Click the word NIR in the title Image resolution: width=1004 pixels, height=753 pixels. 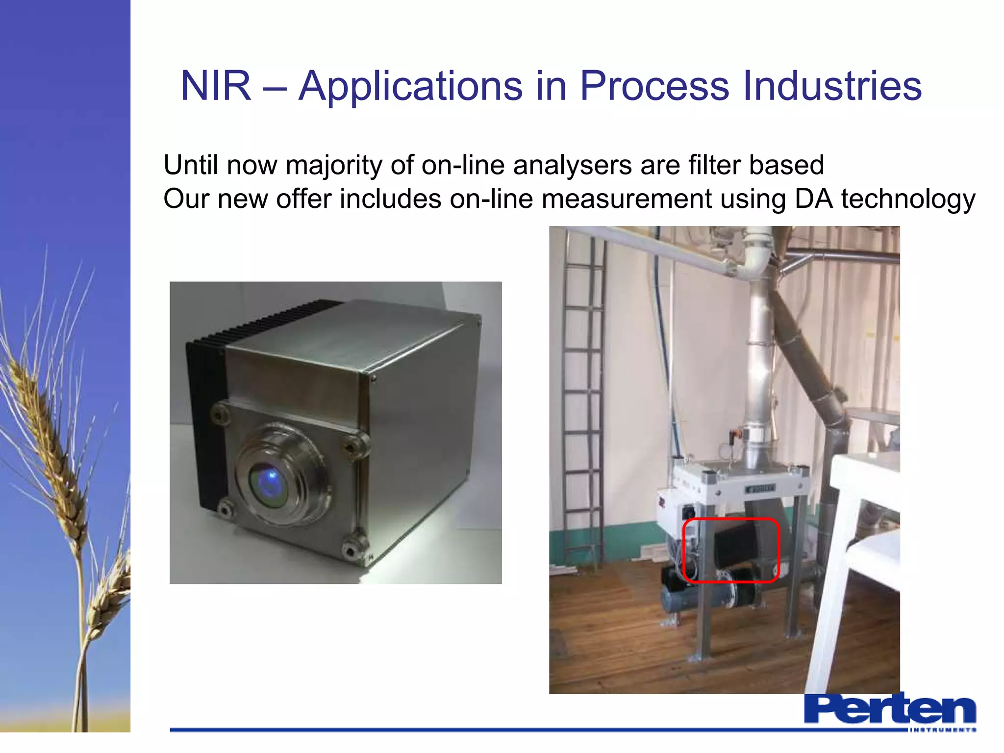coord(216,86)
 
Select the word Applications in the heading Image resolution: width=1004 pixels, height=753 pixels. coord(410,86)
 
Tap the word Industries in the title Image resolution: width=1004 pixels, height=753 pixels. coord(832,86)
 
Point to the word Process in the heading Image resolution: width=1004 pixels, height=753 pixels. coord(654,86)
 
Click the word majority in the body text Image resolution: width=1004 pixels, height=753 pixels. coord(333,166)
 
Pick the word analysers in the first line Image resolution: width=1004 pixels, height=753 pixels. coord(572,165)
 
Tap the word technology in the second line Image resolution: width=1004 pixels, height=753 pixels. coord(908,200)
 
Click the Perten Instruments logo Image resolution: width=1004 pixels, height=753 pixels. coord(890,712)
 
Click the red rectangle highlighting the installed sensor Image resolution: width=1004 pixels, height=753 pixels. coord(730,550)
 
